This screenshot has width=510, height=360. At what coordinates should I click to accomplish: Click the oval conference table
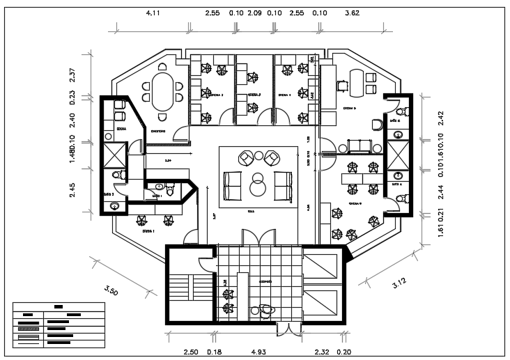pyautogui.click(x=164, y=91)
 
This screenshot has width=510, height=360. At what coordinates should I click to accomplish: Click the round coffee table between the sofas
pyautogui.click(x=258, y=186)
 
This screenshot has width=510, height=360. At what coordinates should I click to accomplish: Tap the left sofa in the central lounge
pyautogui.click(x=233, y=185)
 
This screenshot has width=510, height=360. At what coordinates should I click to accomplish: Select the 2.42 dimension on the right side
pyautogui.click(x=440, y=118)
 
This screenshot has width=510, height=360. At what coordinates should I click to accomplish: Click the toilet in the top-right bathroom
pyautogui.click(x=399, y=111)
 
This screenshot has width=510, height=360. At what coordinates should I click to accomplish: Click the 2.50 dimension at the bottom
pyautogui.click(x=190, y=352)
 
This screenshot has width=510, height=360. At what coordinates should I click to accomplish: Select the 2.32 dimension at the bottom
pyautogui.click(x=321, y=352)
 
